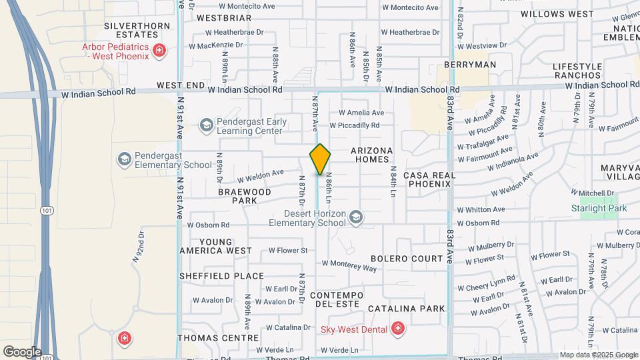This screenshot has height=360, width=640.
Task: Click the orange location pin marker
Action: pos(320,159)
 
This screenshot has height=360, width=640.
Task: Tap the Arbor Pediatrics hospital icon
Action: pos(159,51)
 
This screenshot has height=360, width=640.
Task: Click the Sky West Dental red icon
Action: pos(397,328)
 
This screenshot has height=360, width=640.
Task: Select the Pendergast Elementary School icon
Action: pos(124,159)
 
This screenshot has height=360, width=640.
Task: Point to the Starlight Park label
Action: pos(599,208)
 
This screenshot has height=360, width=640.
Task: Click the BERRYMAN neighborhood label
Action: pos(470,65)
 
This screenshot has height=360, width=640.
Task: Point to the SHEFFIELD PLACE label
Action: pos(221,276)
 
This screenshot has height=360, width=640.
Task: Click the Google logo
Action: pos(22,351)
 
